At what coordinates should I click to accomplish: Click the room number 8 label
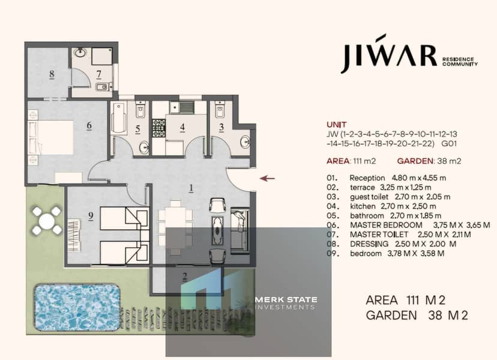pos(52,74)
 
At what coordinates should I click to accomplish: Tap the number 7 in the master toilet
pos(99,74)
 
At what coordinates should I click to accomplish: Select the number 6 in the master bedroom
pos(89,125)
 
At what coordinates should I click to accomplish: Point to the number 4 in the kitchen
pos(182,127)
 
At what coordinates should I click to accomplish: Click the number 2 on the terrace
pos(185,277)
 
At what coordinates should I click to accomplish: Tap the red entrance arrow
pos(267,178)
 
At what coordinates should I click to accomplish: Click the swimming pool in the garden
pos(77,307)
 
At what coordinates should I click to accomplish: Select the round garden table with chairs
pos(47,221)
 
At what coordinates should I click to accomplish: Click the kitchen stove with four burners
pos(159,128)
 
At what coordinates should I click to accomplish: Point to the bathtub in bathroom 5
pos(119,117)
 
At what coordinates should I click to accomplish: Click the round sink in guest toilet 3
pos(245,142)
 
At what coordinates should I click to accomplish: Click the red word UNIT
pos(337,125)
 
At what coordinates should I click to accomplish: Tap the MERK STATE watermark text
pos(286,299)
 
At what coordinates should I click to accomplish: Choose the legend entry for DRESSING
pos(391,244)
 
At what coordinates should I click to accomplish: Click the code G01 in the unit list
pos(449,143)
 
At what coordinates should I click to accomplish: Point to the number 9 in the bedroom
pos(91,216)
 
